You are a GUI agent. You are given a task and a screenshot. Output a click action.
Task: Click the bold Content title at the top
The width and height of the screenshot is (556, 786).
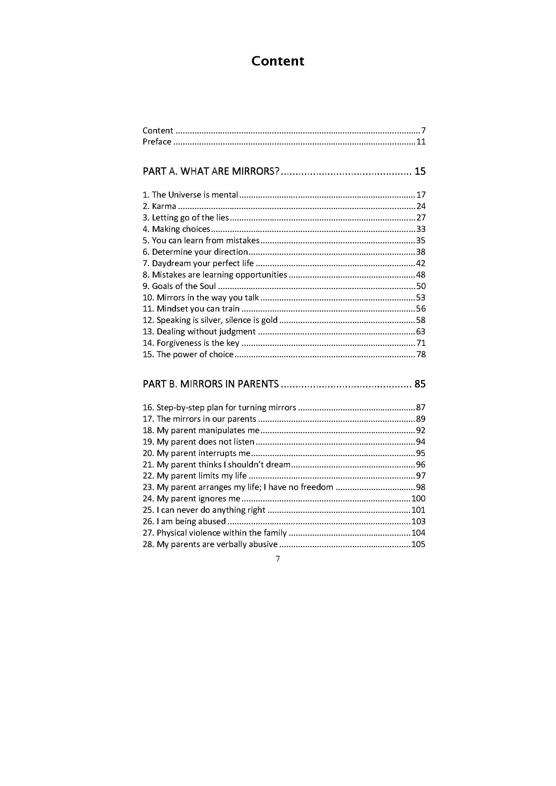[x=277, y=61]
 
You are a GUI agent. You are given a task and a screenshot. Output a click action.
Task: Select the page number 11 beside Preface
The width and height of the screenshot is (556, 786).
[x=421, y=142]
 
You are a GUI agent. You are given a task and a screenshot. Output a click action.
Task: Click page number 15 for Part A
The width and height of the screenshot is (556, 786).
[x=420, y=171]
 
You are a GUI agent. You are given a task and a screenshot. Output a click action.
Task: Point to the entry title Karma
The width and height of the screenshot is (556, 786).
[x=164, y=206]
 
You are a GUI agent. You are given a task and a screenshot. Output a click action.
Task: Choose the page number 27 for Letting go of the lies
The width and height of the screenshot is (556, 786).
[x=421, y=218]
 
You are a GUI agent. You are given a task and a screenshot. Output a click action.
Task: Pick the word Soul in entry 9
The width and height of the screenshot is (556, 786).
[x=208, y=286]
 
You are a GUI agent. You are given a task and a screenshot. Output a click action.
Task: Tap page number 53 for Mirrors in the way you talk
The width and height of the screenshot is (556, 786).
[x=421, y=297]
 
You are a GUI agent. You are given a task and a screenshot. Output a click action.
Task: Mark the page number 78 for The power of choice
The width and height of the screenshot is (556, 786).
[x=421, y=354]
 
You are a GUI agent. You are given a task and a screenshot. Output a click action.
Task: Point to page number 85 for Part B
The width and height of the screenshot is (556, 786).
[x=420, y=384]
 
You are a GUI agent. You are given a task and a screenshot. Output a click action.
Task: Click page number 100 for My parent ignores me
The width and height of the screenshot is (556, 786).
[x=418, y=498]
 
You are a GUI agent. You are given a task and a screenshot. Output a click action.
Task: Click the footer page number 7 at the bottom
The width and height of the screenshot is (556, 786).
[x=277, y=559]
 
